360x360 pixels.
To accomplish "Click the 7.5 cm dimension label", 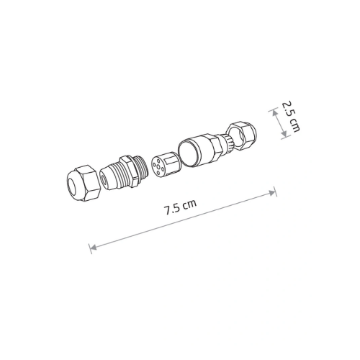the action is [x=180, y=207].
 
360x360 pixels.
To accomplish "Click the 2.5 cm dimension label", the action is [x=291, y=117].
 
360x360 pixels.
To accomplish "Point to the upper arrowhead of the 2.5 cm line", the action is [x=274, y=112].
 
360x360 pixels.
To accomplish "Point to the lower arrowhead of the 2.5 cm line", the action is [x=284, y=133].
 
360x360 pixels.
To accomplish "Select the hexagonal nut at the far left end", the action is [x=83, y=183].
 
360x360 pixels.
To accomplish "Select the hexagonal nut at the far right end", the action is [x=243, y=136].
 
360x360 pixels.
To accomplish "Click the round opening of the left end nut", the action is [x=73, y=186].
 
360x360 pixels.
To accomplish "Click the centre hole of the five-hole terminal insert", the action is [x=158, y=166].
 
